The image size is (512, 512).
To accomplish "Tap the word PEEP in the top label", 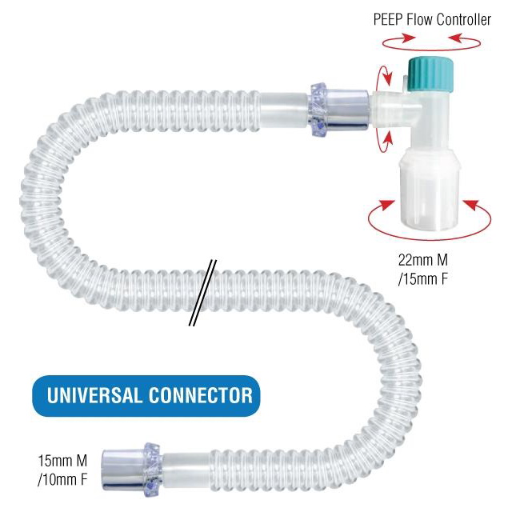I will tap(389, 19).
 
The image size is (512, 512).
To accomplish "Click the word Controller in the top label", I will tap(463, 19).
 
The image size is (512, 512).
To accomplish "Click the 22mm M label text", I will tap(429, 260).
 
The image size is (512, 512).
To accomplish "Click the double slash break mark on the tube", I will tap(202, 293).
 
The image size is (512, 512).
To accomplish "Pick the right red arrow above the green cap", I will tap(462, 38).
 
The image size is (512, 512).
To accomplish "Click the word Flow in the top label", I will tap(421, 19).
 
